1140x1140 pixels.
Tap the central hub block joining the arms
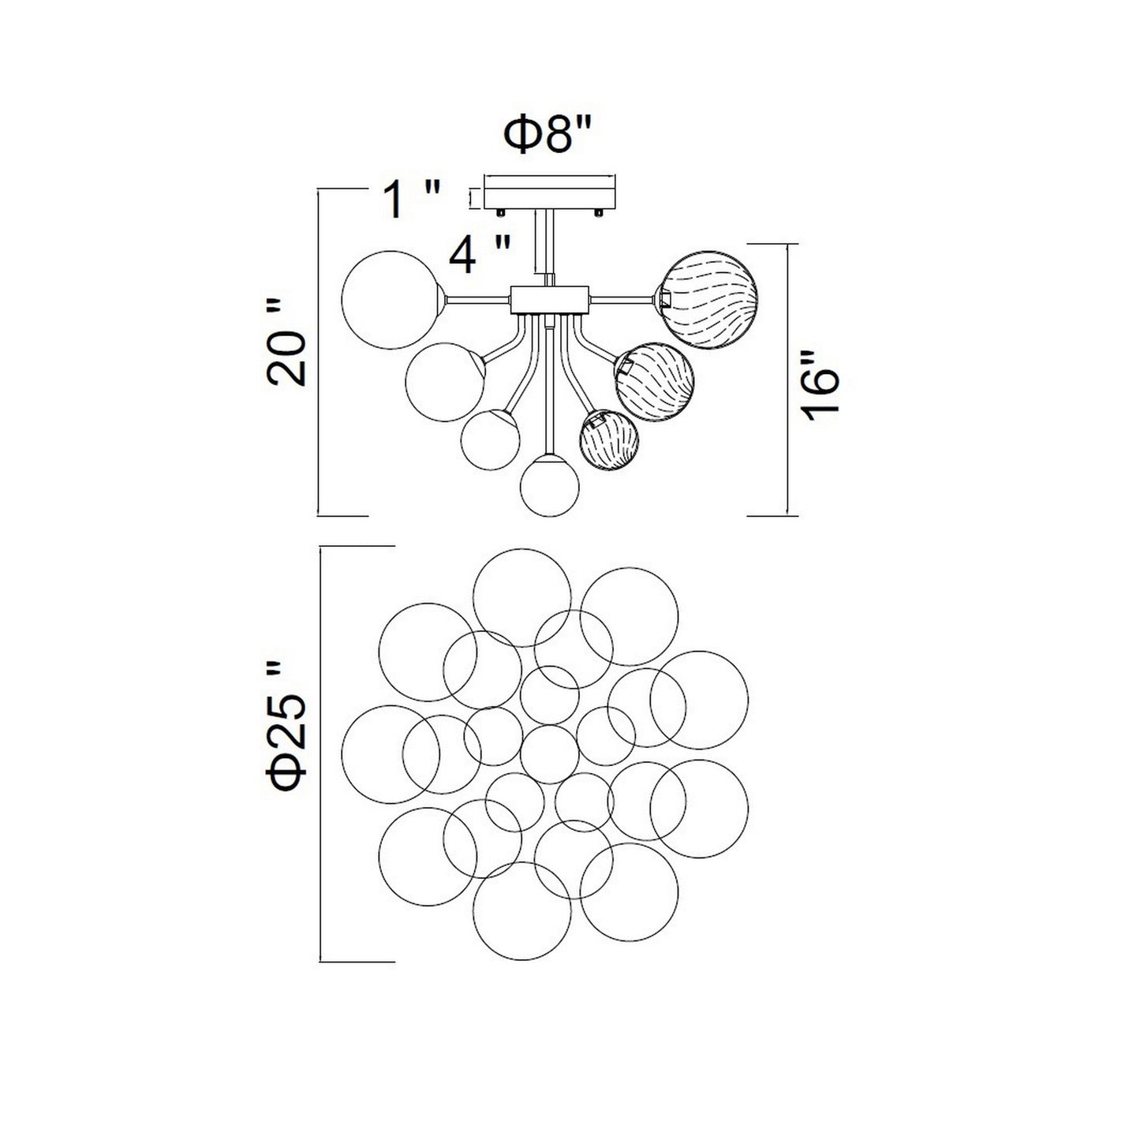(x=549, y=299)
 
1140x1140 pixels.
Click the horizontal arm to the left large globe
(x=478, y=299)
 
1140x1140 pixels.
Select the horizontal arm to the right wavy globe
(x=622, y=298)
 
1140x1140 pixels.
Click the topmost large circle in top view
(x=521, y=598)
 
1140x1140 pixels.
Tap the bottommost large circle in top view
(x=521, y=912)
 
